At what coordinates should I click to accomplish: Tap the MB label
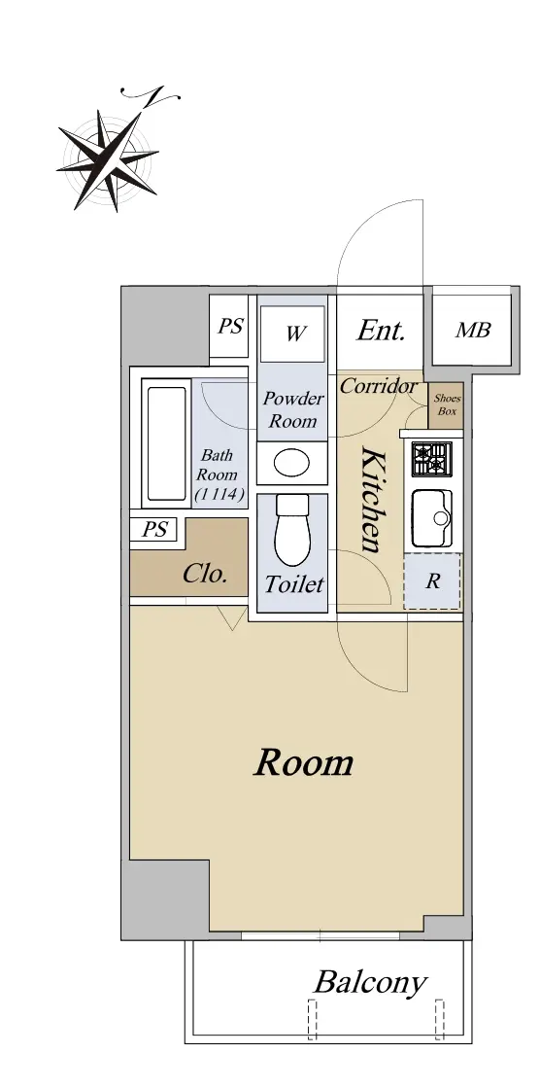pyautogui.click(x=473, y=331)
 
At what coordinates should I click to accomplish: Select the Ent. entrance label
pyautogui.click(x=381, y=331)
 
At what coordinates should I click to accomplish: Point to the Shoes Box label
pyautogui.click(x=447, y=404)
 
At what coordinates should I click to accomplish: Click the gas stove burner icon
pyautogui.click(x=431, y=459)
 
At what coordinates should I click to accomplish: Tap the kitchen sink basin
pyautogui.click(x=432, y=518)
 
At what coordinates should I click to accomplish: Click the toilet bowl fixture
pyautogui.click(x=292, y=531)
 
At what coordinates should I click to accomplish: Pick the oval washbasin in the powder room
pyautogui.click(x=291, y=463)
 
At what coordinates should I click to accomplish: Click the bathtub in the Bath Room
pyautogui.click(x=167, y=443)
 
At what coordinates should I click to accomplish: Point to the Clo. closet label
pyautogui.click(x=205, y=574)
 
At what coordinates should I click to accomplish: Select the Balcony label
pyautogui.click(x=370, y=983)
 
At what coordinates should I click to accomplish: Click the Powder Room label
pyautogui.click(x=293, y=409)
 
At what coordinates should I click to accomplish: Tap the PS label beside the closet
pyautogui.click(x=154, y=530)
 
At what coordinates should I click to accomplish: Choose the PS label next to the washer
pyautogui.click(x=230, y=327)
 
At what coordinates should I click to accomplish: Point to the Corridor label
pyautogui.click(x=378, y=386)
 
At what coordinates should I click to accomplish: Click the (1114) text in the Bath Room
pyautogui.click(x=220, y=495)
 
